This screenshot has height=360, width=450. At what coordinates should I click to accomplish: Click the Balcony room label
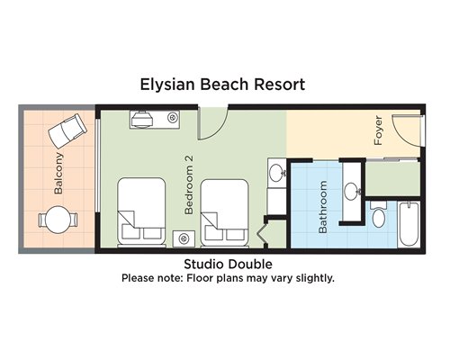click(58, 174)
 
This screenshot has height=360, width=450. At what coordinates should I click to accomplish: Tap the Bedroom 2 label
click(189, 184)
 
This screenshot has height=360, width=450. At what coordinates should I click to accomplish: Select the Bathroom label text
click(322, 207)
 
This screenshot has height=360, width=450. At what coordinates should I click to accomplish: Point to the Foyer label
click(379, 130)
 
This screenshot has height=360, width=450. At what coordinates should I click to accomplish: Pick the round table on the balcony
click(58, 220)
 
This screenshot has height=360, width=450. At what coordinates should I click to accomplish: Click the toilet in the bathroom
click(379, 214)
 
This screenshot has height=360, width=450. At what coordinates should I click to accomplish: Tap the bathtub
click(409, 224)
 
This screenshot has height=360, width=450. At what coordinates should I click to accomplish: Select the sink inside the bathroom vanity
click(352, 191)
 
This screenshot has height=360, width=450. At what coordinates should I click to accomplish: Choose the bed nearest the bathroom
click(224, 212)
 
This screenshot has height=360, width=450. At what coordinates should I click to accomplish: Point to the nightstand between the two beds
click(184, 238)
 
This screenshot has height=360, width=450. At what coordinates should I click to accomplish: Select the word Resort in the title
click(280, 85)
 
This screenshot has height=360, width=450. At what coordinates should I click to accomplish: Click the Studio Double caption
click(228, 265)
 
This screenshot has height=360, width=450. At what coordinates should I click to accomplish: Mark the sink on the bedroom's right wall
click(276, 173)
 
